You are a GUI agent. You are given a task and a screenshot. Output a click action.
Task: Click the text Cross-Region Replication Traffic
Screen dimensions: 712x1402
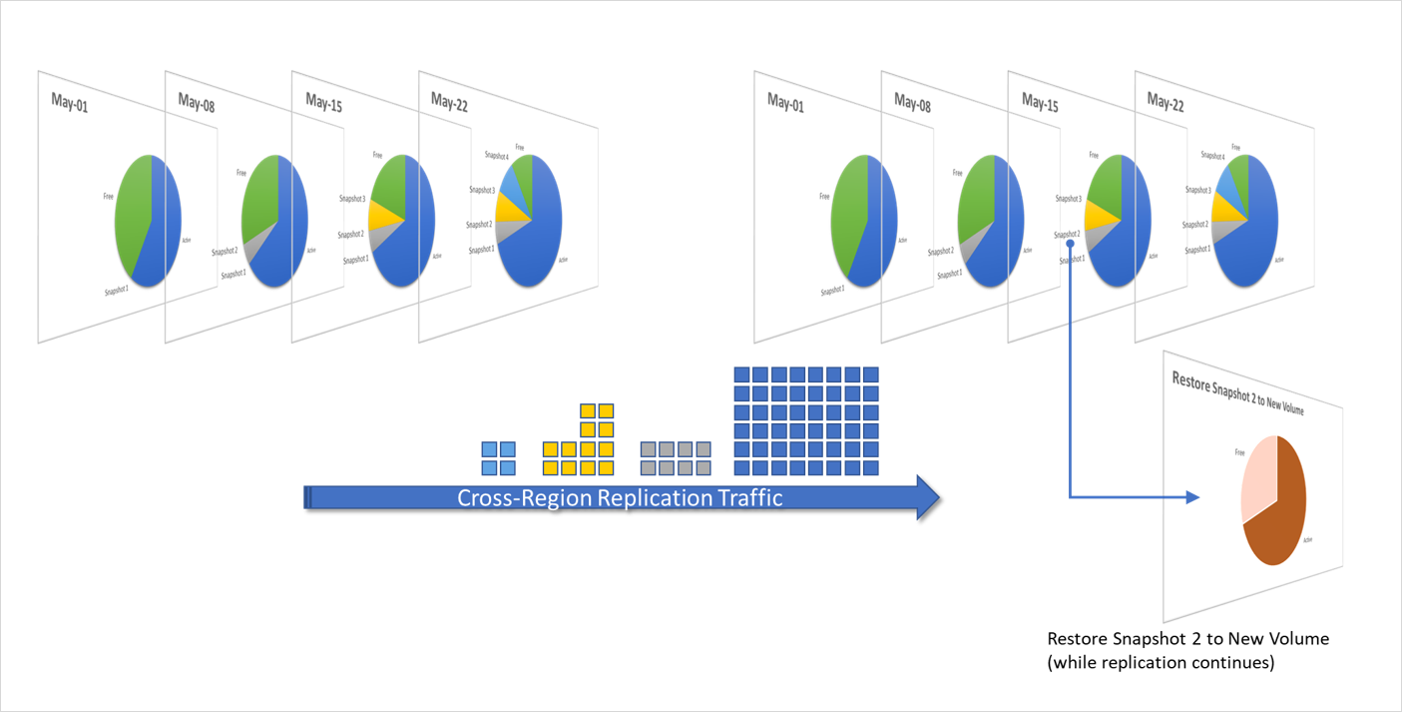click(619, 497)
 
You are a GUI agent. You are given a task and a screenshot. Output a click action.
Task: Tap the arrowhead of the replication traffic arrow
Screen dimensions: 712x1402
click(927, 497)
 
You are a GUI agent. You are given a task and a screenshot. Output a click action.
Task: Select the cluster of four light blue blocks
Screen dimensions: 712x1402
click(499, 458)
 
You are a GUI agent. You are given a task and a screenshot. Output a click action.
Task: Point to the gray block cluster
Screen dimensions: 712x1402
click(676, 458)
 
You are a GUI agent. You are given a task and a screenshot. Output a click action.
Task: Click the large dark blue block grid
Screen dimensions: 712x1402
click(805, 420)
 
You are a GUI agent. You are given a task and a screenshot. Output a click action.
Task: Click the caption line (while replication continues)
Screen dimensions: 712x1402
click(1161, 662)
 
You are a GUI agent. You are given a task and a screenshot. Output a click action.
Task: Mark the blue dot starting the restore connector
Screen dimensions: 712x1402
click(1070, 242)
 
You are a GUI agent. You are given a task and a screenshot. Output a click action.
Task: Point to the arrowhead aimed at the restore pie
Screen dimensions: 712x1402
click(1193, 496)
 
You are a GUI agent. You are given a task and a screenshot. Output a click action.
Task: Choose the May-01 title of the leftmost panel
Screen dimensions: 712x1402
click(70, 102)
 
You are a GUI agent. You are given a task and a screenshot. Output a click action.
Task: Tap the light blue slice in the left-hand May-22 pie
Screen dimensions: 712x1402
click(515, 185)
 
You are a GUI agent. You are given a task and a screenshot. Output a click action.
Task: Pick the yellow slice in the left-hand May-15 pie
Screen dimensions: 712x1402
click(380, 216)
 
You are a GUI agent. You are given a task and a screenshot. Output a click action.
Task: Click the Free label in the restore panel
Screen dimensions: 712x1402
click(1239, 452)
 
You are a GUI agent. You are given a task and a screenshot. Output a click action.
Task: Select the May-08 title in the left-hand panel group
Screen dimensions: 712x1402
click(197, 102)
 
